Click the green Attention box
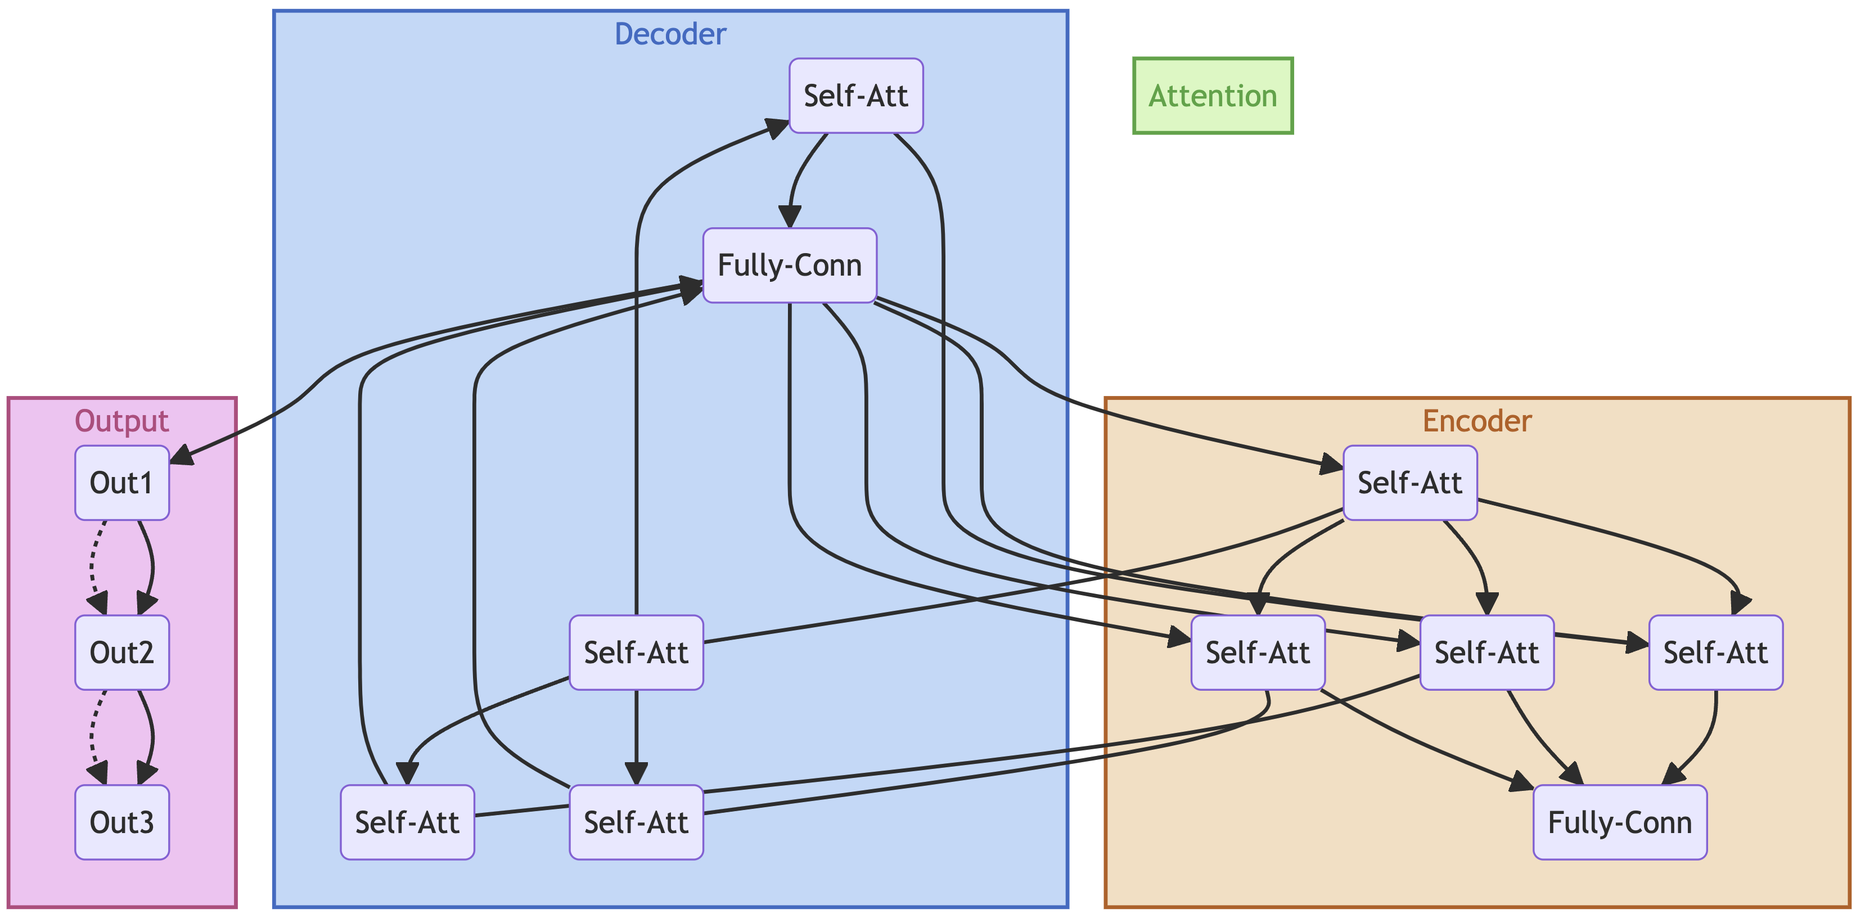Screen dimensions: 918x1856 coord(1213,96)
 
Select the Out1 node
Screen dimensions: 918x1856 coord(121,483)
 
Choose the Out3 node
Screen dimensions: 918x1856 coord(121,822)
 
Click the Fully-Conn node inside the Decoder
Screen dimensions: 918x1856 coord(790,265)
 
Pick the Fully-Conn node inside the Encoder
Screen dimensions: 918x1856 coord(1620,822)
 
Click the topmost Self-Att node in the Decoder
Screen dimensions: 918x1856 coord(856,96)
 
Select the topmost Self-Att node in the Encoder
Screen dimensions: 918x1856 coord(1410,483)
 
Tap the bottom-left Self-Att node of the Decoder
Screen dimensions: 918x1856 coord(407,822)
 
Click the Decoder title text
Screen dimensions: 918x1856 coord(670,34)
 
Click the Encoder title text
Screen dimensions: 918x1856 coord(1477,421)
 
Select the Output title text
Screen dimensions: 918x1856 coord(121,421)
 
